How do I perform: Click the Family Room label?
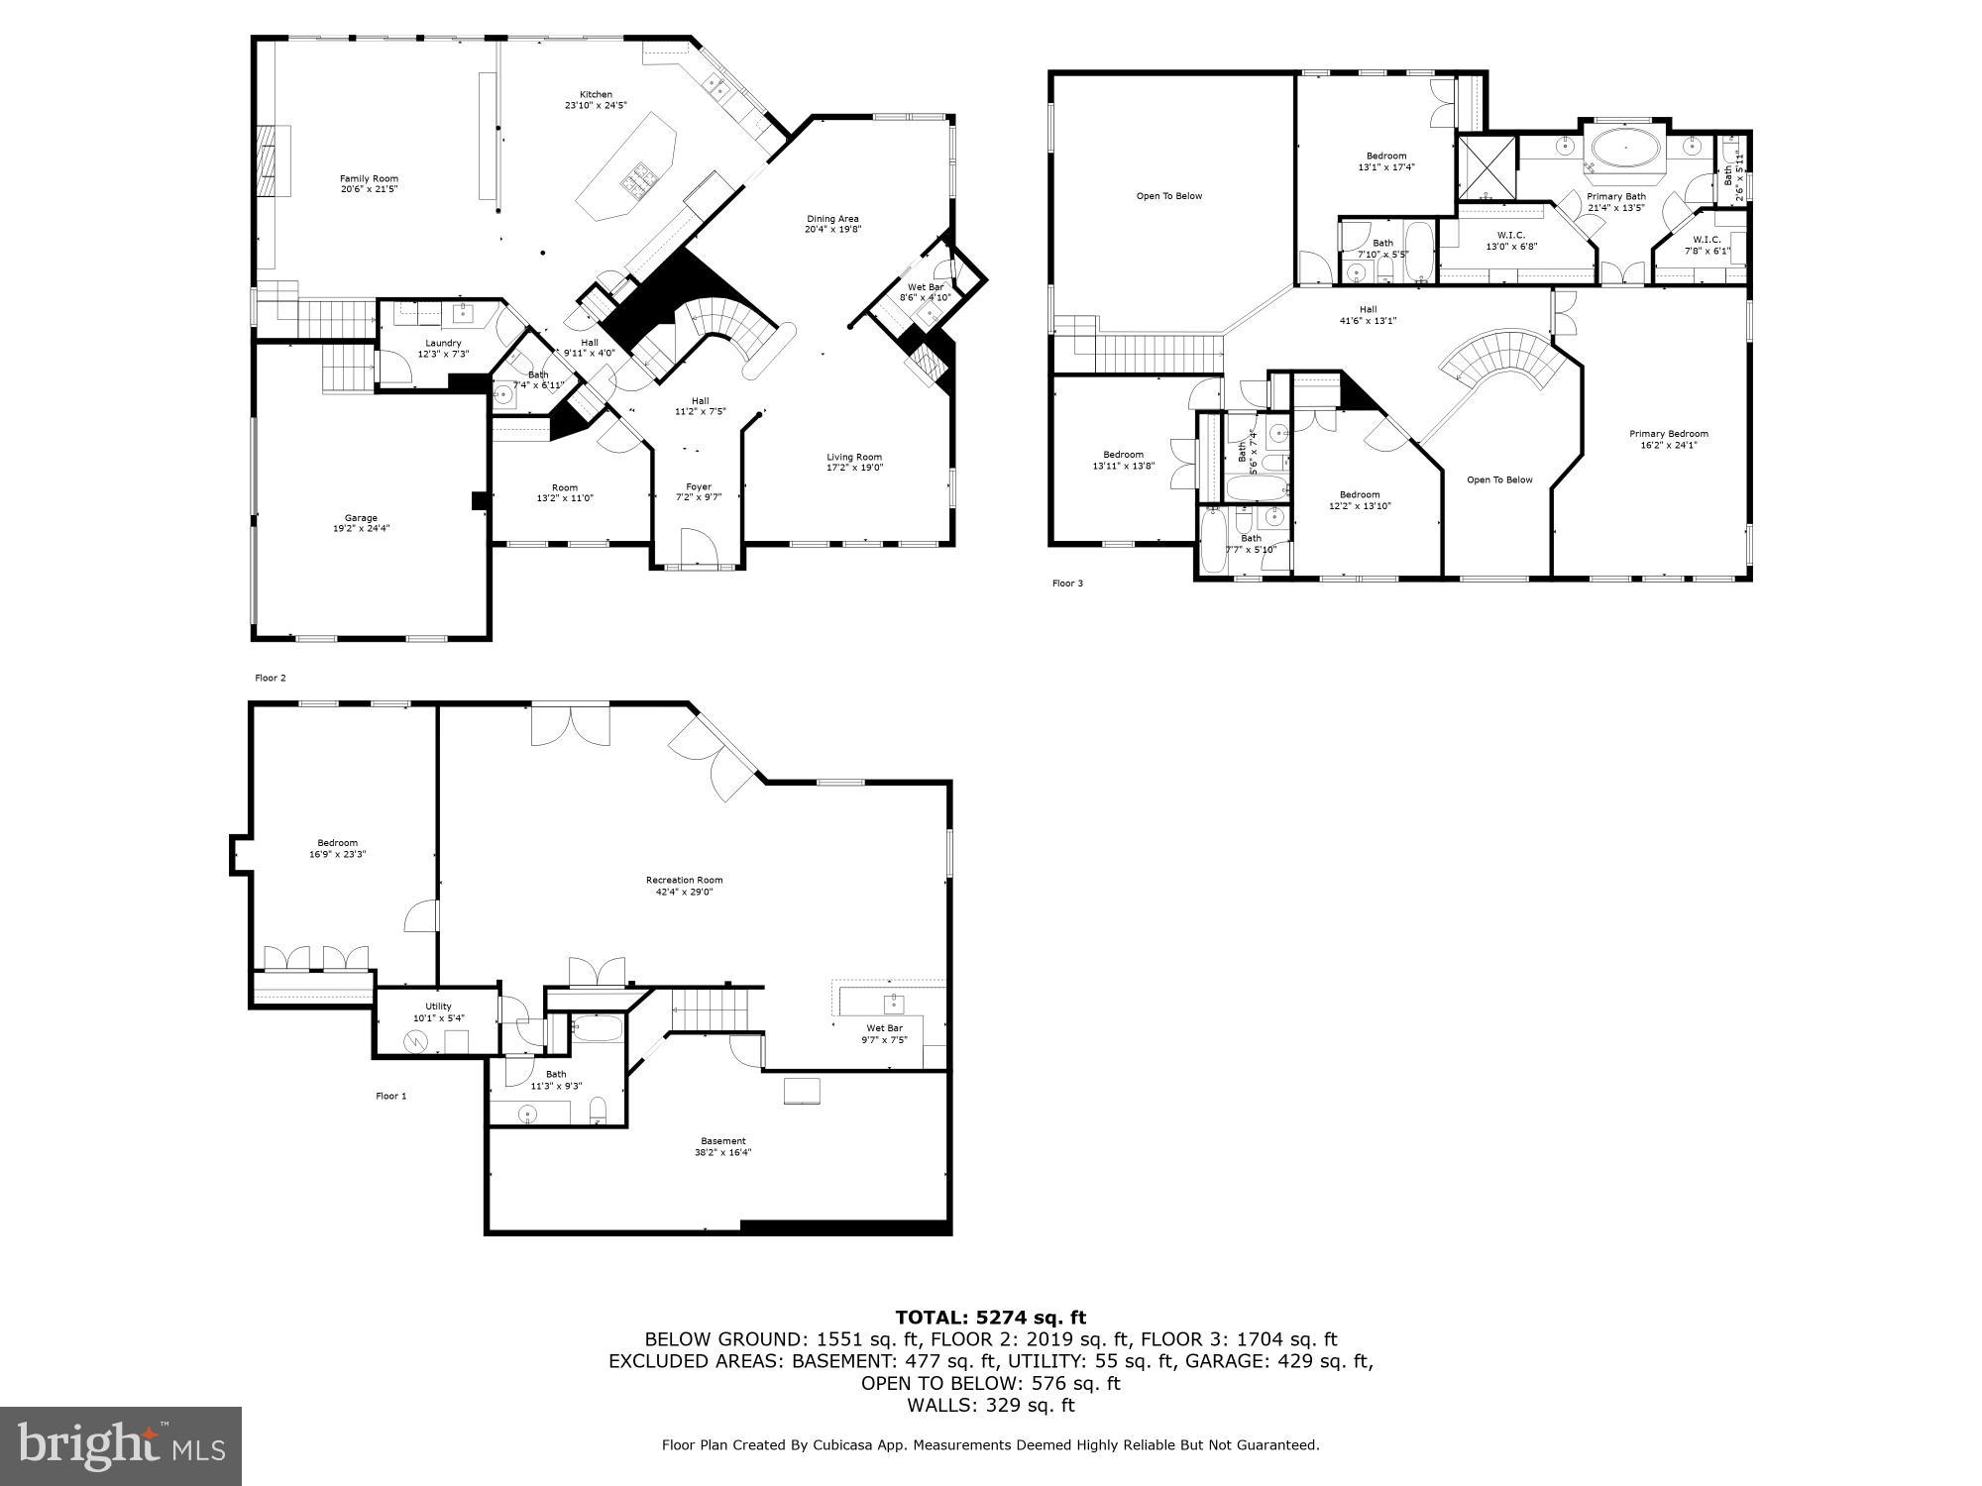tap(369, 179)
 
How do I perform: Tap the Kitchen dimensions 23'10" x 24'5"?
tap(596, 107)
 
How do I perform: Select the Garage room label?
tap(361, 518)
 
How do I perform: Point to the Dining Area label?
tap(831, 219)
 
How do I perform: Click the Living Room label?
tap(854, 458)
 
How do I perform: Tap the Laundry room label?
tap(443, 344)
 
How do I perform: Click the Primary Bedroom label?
tap(1668, 434)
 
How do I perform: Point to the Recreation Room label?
tap(684, 880)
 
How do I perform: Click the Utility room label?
tap(438, 1007)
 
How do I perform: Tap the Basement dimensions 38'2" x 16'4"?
tap(722, 1153)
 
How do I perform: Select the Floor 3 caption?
tap(1067, 584)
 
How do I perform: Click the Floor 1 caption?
tap(390, 1096)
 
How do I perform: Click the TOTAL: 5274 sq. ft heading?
tap(990, 1318)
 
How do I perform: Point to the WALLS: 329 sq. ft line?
tap(990, 1405)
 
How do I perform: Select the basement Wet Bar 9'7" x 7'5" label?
tap(885, 1034)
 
